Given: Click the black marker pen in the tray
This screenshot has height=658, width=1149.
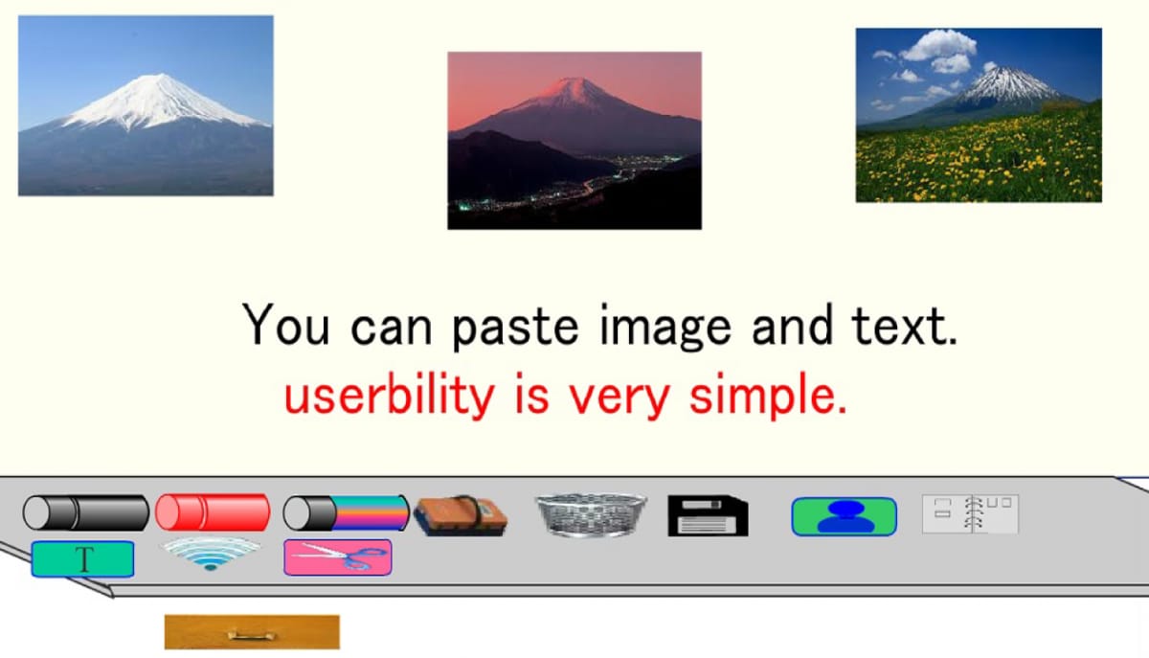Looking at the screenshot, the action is point(86,512).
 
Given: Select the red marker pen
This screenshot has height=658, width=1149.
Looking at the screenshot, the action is point(213,512).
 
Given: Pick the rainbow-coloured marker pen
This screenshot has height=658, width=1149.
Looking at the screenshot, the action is point(347,512).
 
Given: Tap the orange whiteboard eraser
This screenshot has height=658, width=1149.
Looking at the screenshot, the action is point(461,515).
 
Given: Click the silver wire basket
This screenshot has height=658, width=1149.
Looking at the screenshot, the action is point(591,514).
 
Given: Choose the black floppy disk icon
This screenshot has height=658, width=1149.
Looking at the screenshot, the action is point(708,515).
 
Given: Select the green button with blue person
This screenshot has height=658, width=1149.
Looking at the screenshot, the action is point(845,516).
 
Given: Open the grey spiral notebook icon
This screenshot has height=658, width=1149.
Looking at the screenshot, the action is point(970,513).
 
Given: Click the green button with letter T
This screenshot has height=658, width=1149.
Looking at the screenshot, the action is point(83,559).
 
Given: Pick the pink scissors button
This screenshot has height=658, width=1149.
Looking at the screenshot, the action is point(338,557).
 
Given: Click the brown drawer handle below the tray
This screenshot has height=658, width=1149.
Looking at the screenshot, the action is point(252,632).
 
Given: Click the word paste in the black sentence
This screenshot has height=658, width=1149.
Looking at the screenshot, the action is point(515,329).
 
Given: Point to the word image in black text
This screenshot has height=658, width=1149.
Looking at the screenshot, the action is point(665,327).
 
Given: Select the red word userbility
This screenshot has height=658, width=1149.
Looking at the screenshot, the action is point(390,395).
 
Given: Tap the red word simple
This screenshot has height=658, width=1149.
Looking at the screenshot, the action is point(768,395).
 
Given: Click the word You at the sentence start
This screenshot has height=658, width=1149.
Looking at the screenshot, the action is point(285,325).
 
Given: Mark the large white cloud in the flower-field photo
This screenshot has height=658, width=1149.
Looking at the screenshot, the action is point(938,45).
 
